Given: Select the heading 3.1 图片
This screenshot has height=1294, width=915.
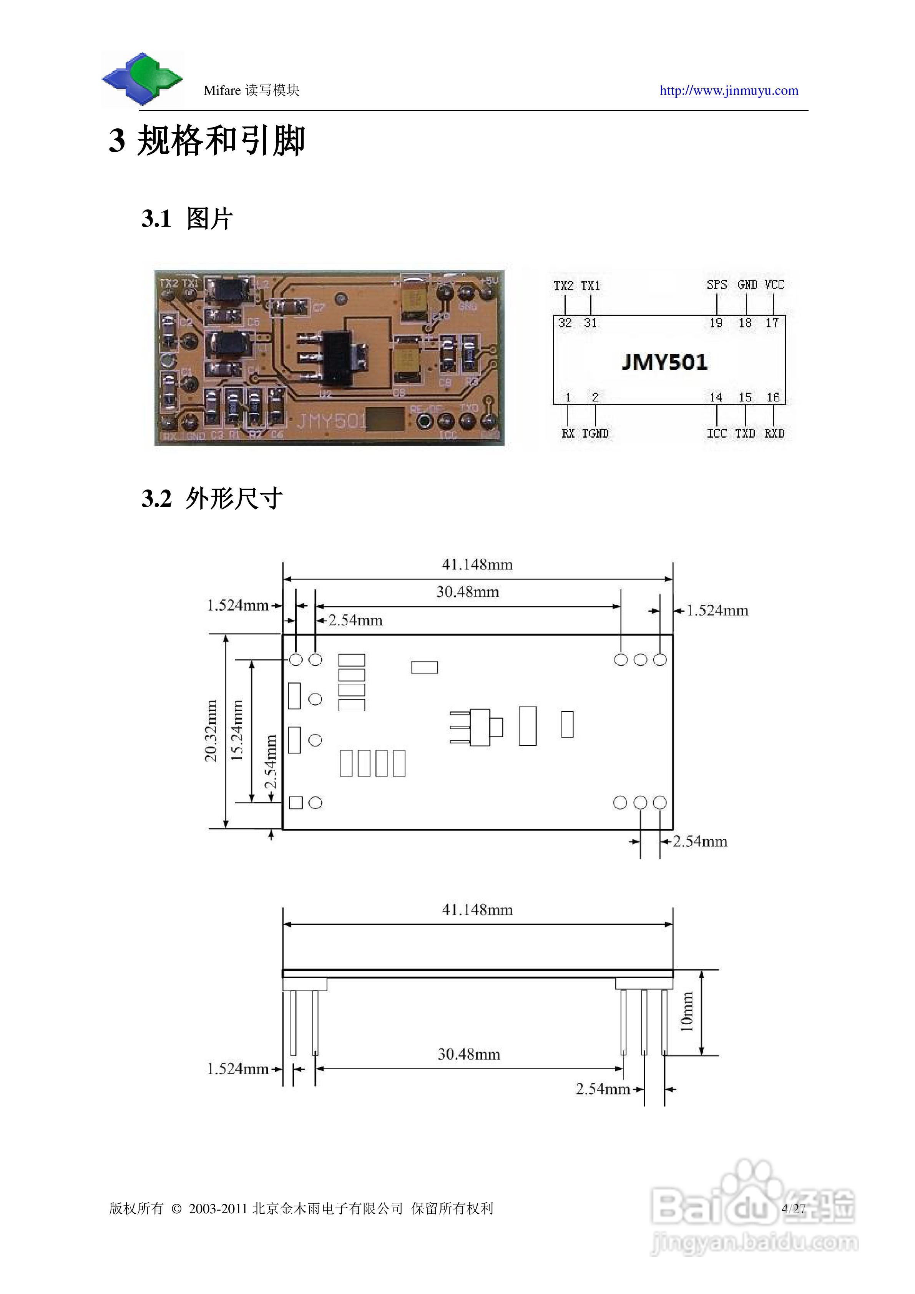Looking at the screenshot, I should (x=187, y=219).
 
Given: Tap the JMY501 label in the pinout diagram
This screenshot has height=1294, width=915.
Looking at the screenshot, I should (x=664, y=362).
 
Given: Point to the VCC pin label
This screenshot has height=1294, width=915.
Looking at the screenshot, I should (x=774, y=285).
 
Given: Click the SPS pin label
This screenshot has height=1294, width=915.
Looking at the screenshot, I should (x=717, y=285).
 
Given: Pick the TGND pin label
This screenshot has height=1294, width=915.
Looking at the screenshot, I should (x=595, y=433).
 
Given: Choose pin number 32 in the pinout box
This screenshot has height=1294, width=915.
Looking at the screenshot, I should (x=565, y=323).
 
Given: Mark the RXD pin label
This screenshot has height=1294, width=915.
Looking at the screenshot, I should (x=774, y=433).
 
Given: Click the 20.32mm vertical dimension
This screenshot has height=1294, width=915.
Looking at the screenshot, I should (x=211, y=731).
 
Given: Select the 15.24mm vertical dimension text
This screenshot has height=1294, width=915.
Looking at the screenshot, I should (x=237, y=731).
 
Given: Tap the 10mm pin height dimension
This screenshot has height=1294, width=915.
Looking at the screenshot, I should (x=687, y=1012).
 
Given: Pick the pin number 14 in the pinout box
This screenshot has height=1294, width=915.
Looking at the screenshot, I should (x=716, y=397).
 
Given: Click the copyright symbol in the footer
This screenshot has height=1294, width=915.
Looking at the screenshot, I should (x=176, y=1209).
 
